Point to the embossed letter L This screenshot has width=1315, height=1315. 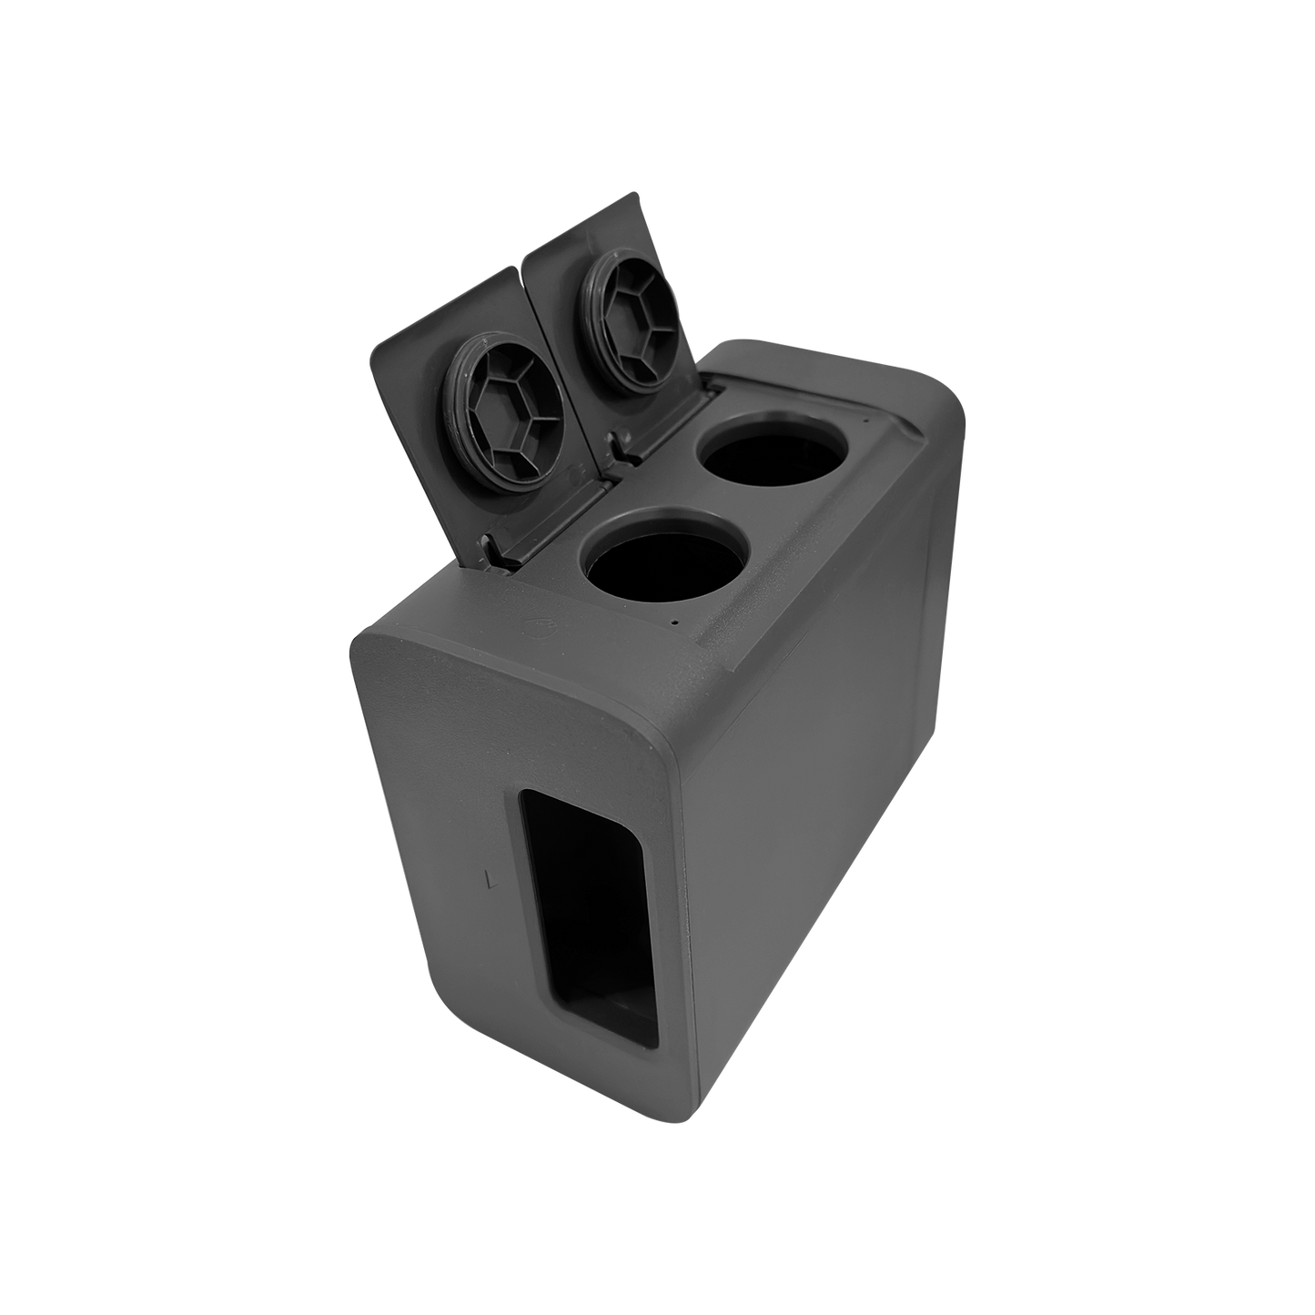point(491,879)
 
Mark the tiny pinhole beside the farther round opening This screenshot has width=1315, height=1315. point(865,420)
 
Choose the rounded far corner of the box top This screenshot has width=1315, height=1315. point(937,381)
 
